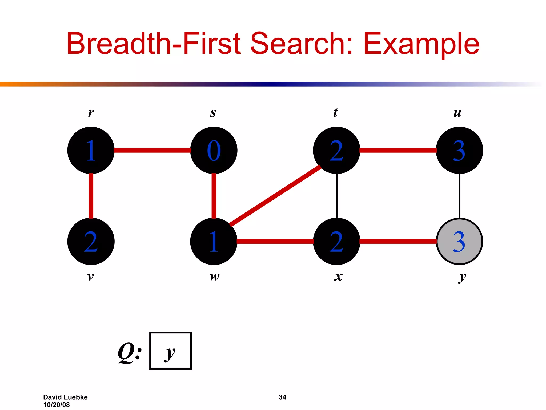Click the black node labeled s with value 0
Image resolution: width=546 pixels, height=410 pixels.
(214, 150)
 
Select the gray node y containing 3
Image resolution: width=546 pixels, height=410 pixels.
(459, 242)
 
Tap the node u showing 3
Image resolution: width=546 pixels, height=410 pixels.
(459, 150)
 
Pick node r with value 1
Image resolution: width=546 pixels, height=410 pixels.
(91, 150)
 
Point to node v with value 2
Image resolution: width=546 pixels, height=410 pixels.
(91, 242)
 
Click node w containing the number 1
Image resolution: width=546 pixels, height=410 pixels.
(214, 242)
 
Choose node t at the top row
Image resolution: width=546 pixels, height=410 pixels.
(336, 150)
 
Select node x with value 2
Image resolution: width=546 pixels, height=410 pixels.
(336, 242)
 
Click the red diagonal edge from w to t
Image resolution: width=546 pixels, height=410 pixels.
(275, 196)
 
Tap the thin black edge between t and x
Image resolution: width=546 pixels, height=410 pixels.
(337, 196)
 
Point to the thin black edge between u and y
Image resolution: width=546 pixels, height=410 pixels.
(459, 196)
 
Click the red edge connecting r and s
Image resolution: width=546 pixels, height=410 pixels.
(152, 150)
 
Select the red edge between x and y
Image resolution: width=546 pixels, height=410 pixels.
(398, 242)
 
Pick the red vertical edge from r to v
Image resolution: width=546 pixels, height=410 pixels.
(91, 196)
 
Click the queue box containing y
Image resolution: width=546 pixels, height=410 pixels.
(171, 351)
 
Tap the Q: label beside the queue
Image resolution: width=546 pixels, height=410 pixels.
(130, 352)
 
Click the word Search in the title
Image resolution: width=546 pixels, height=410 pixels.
(302, 44)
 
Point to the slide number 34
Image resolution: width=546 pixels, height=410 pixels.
(282, 397)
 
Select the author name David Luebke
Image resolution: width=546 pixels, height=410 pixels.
(65, 397)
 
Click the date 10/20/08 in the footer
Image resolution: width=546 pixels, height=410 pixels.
(57, 405)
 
